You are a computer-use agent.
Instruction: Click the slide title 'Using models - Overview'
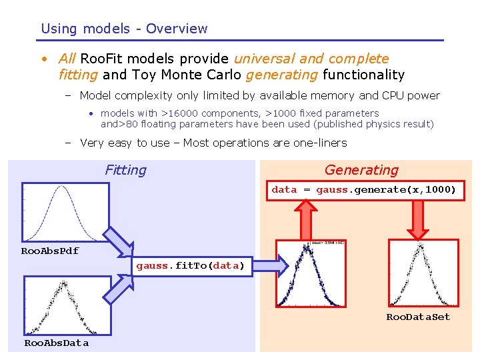click(x=124, y=29)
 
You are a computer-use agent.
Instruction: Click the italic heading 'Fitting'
click(x=125, y=170)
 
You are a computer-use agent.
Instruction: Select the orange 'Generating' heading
click(x=361, y=170)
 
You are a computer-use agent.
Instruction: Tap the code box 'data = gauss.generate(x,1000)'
click(x=363, y=190)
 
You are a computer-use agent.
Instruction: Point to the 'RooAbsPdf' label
click(x=50, y=251)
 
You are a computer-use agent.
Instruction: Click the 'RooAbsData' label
click(x=56, y=343)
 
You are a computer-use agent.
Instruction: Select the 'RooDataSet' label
click(x=418, y=317)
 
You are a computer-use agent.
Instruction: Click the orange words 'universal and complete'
click(x=311, y=59)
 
